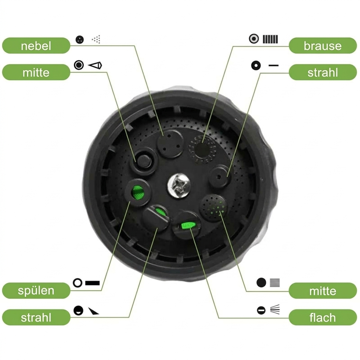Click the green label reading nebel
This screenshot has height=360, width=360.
(x=36, y=46)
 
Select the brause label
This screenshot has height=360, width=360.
(x=323, y=46)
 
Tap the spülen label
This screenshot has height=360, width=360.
(x=36, y=290)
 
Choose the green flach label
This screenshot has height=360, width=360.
(x=323, y=317)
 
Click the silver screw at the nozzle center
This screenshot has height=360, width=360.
(x=179, y=185)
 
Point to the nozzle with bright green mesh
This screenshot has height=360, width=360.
(x=138, y=192)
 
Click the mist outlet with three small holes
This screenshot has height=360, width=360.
(x=170, y=144)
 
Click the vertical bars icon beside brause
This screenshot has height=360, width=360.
(x=270, y=39)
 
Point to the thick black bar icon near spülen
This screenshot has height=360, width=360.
(x=92, y=283)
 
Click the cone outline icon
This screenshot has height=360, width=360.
(x=95, y=65)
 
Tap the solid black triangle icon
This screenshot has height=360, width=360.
(x=93, y=311)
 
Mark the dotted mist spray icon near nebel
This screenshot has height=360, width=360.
(x=96, y=39)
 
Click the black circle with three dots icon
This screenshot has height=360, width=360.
(x=80, y=39)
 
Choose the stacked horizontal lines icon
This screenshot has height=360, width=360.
(x=275, y=283)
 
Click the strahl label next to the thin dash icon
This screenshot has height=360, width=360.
(x=323, y=72)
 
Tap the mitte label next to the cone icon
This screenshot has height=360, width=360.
(x=36, y=72)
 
